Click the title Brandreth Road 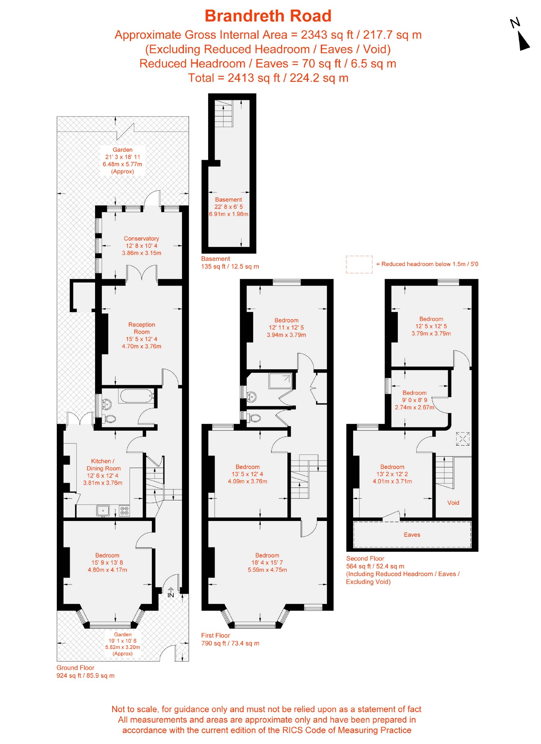[268, 16]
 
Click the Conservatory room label [142, 246]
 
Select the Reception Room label [142, 335]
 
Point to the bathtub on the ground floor [136, 396]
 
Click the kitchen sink [103, 510]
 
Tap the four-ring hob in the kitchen [124, 510]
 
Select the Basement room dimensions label [229, 207]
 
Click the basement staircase [224, 113]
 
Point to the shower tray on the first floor [281, 381]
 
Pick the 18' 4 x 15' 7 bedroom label [267, 563]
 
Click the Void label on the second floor [453, 503]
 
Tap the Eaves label [412, 535]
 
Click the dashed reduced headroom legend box [359, 265]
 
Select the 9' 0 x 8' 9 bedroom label [415, 400]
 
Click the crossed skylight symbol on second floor [463, 439]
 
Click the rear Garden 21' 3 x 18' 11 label [123, 161]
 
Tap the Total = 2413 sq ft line [268, 78]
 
